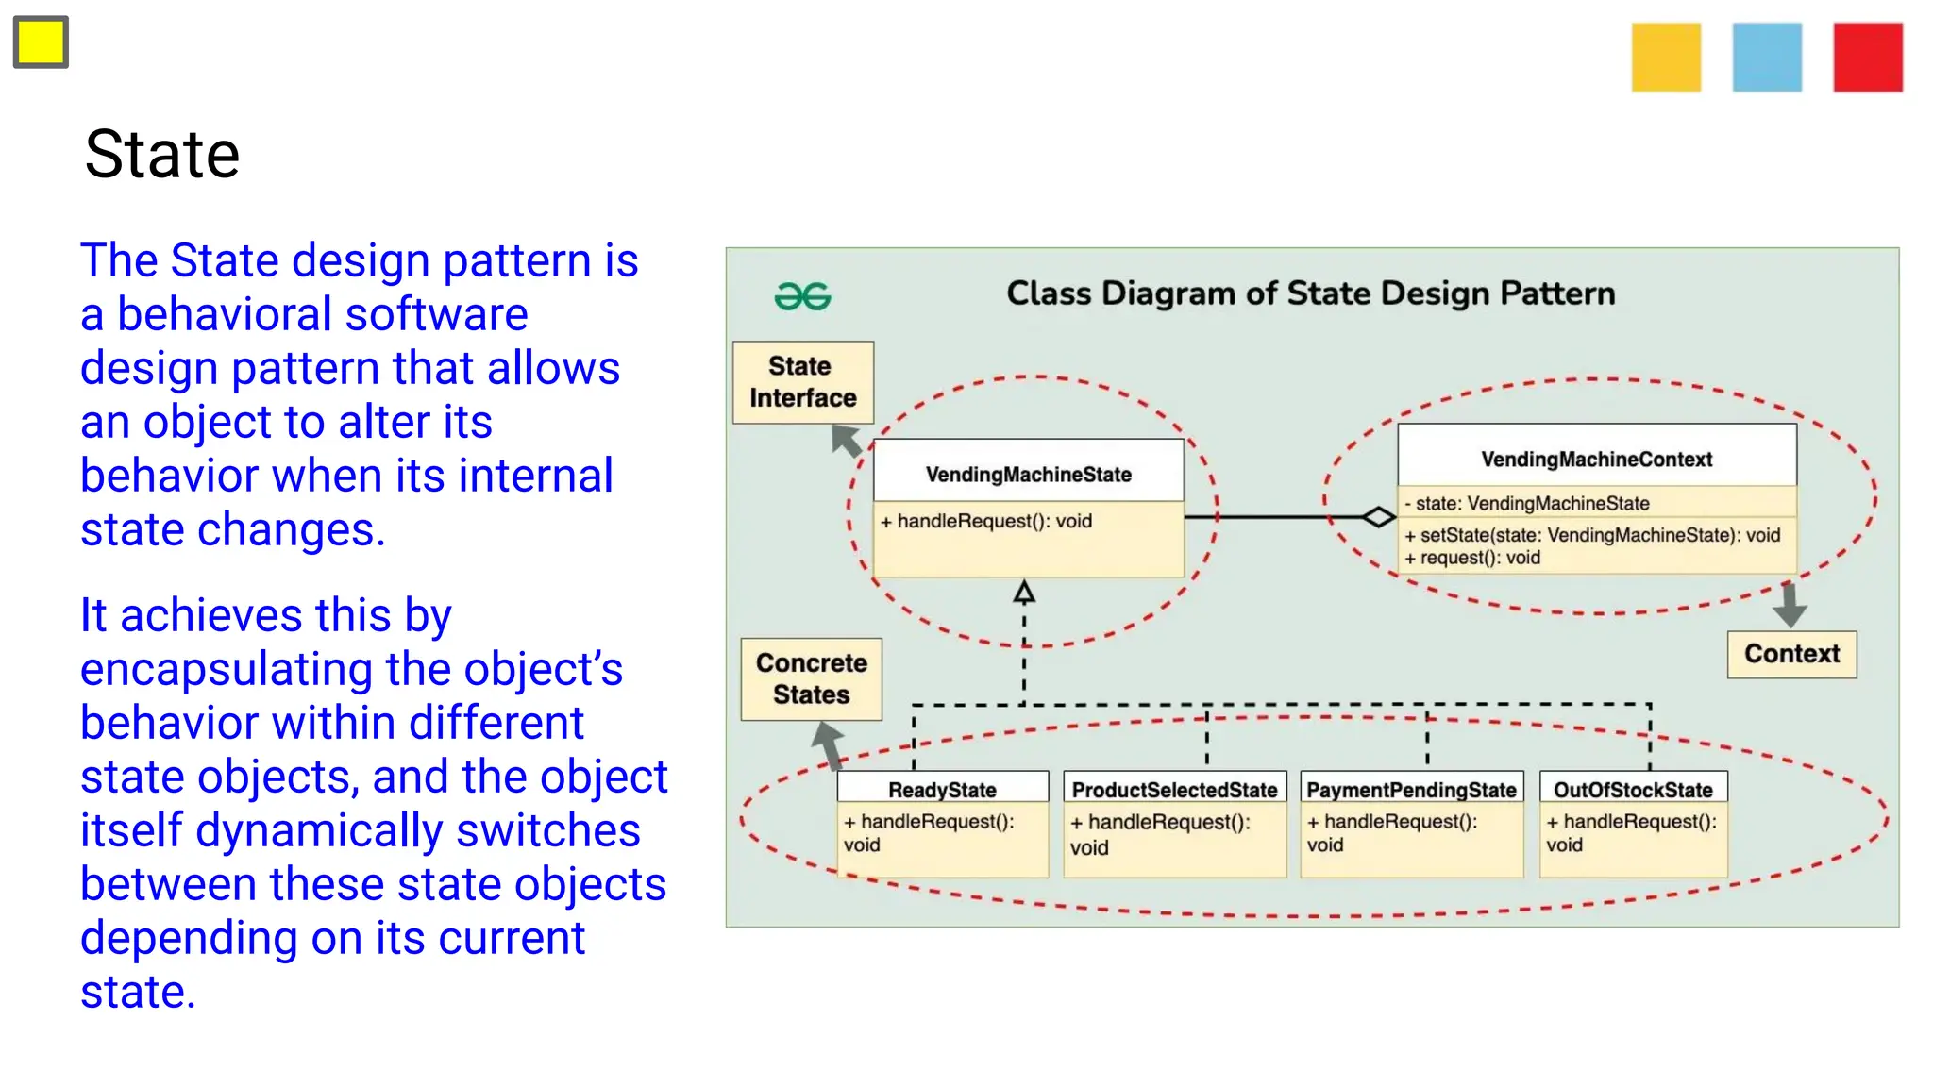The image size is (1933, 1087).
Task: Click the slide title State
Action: [162, 155]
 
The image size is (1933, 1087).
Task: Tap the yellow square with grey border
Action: [41, 42]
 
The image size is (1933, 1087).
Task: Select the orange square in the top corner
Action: [1666, 58]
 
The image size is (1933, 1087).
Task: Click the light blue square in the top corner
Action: [1767, 58]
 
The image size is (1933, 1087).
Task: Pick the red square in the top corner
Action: [1868, 58]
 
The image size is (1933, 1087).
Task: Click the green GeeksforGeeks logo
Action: [802, 296]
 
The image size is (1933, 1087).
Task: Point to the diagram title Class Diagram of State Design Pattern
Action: [1310, 293]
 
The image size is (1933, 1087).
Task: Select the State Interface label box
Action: [803, 382]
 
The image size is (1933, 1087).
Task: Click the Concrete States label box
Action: [812, 678]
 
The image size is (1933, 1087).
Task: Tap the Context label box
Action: [1791, 654]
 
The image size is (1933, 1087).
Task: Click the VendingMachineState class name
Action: [1028, 474]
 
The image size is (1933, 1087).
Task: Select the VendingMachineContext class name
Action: [1596, 460]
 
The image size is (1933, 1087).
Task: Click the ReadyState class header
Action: [942, 789]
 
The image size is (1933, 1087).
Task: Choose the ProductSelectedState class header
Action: [1174, 789]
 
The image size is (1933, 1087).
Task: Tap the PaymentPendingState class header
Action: [1411, 789]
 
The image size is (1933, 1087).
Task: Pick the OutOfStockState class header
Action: [1633, 789]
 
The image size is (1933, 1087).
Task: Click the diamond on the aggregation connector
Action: [1378, 517]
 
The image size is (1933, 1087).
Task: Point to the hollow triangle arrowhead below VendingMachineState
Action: [1024, 593]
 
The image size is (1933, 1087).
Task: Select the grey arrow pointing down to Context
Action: [1789, 605]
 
